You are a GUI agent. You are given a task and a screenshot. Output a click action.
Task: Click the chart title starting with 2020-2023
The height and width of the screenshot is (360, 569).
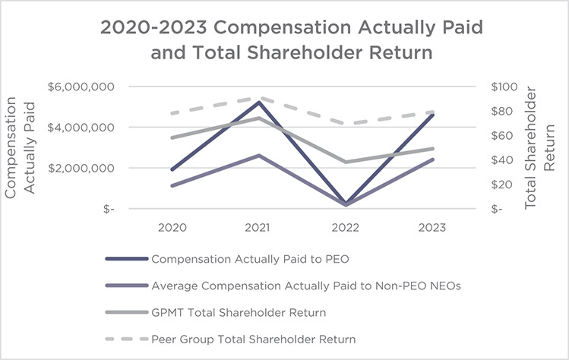292,43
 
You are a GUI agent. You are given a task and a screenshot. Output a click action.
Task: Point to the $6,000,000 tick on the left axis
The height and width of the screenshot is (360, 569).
80,87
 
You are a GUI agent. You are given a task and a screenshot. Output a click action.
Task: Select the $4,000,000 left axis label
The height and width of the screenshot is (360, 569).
80,127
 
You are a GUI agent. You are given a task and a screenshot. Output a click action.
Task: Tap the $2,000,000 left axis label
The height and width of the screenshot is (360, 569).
80,168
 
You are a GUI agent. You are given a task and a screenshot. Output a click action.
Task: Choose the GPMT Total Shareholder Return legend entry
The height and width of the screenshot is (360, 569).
238,311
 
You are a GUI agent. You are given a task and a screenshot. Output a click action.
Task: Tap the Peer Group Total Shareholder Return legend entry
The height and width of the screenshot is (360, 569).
253,338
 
